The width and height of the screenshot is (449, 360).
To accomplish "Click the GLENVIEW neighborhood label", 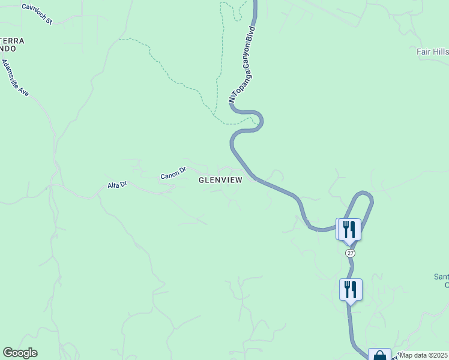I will [220, 180].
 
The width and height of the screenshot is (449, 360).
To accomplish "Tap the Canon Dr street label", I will [174, 174].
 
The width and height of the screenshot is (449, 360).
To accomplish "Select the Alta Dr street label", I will [118, 185].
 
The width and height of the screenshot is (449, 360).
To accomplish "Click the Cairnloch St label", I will [37, 14].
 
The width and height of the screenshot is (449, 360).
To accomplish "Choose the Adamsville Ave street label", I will [16, 78].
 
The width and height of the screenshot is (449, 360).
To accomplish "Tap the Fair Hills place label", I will [432, 52].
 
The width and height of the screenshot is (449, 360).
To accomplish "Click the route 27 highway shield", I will [351, 253].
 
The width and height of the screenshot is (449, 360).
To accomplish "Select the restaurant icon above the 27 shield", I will [349, 229].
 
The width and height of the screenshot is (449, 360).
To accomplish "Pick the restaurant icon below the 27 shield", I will [351, 290].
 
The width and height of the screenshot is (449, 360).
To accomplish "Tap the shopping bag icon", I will [379, 355].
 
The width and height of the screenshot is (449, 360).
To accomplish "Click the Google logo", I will [20, 353].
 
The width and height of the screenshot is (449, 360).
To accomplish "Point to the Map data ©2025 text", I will [424, 355].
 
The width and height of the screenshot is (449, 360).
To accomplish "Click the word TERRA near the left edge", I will [12, 41].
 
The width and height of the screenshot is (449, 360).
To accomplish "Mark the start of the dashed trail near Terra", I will [121, 40].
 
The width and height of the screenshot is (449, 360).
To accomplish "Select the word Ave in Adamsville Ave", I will [23, 91].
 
